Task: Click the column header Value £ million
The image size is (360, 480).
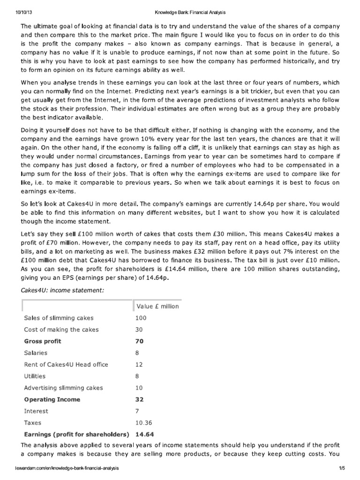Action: (x=157, y=306)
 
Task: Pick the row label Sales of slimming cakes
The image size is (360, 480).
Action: (x=59, y=318)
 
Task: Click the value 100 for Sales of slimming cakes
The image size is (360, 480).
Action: (x=141, y=318)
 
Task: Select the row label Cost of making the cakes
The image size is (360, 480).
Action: (x=61, y=330)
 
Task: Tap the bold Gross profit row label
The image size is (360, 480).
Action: (x=43, y=341)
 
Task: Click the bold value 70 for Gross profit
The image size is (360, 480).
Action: (x=139, y=341)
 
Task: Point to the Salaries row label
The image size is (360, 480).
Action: (x=36, y=353)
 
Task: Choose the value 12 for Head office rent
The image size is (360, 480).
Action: (x=139, y=365)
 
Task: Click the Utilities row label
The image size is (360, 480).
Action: (x=35, y=376)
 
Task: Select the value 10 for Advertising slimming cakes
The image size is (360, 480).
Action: (x=139, y=388)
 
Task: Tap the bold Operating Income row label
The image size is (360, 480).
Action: (x=52, y=399)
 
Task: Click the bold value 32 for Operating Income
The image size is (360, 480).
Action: (x=139, y=399)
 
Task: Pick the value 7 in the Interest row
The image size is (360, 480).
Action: (x=137, y=411)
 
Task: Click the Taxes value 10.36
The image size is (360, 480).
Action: (x=144, y=422)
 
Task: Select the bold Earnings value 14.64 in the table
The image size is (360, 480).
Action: (x=144, y=434)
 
